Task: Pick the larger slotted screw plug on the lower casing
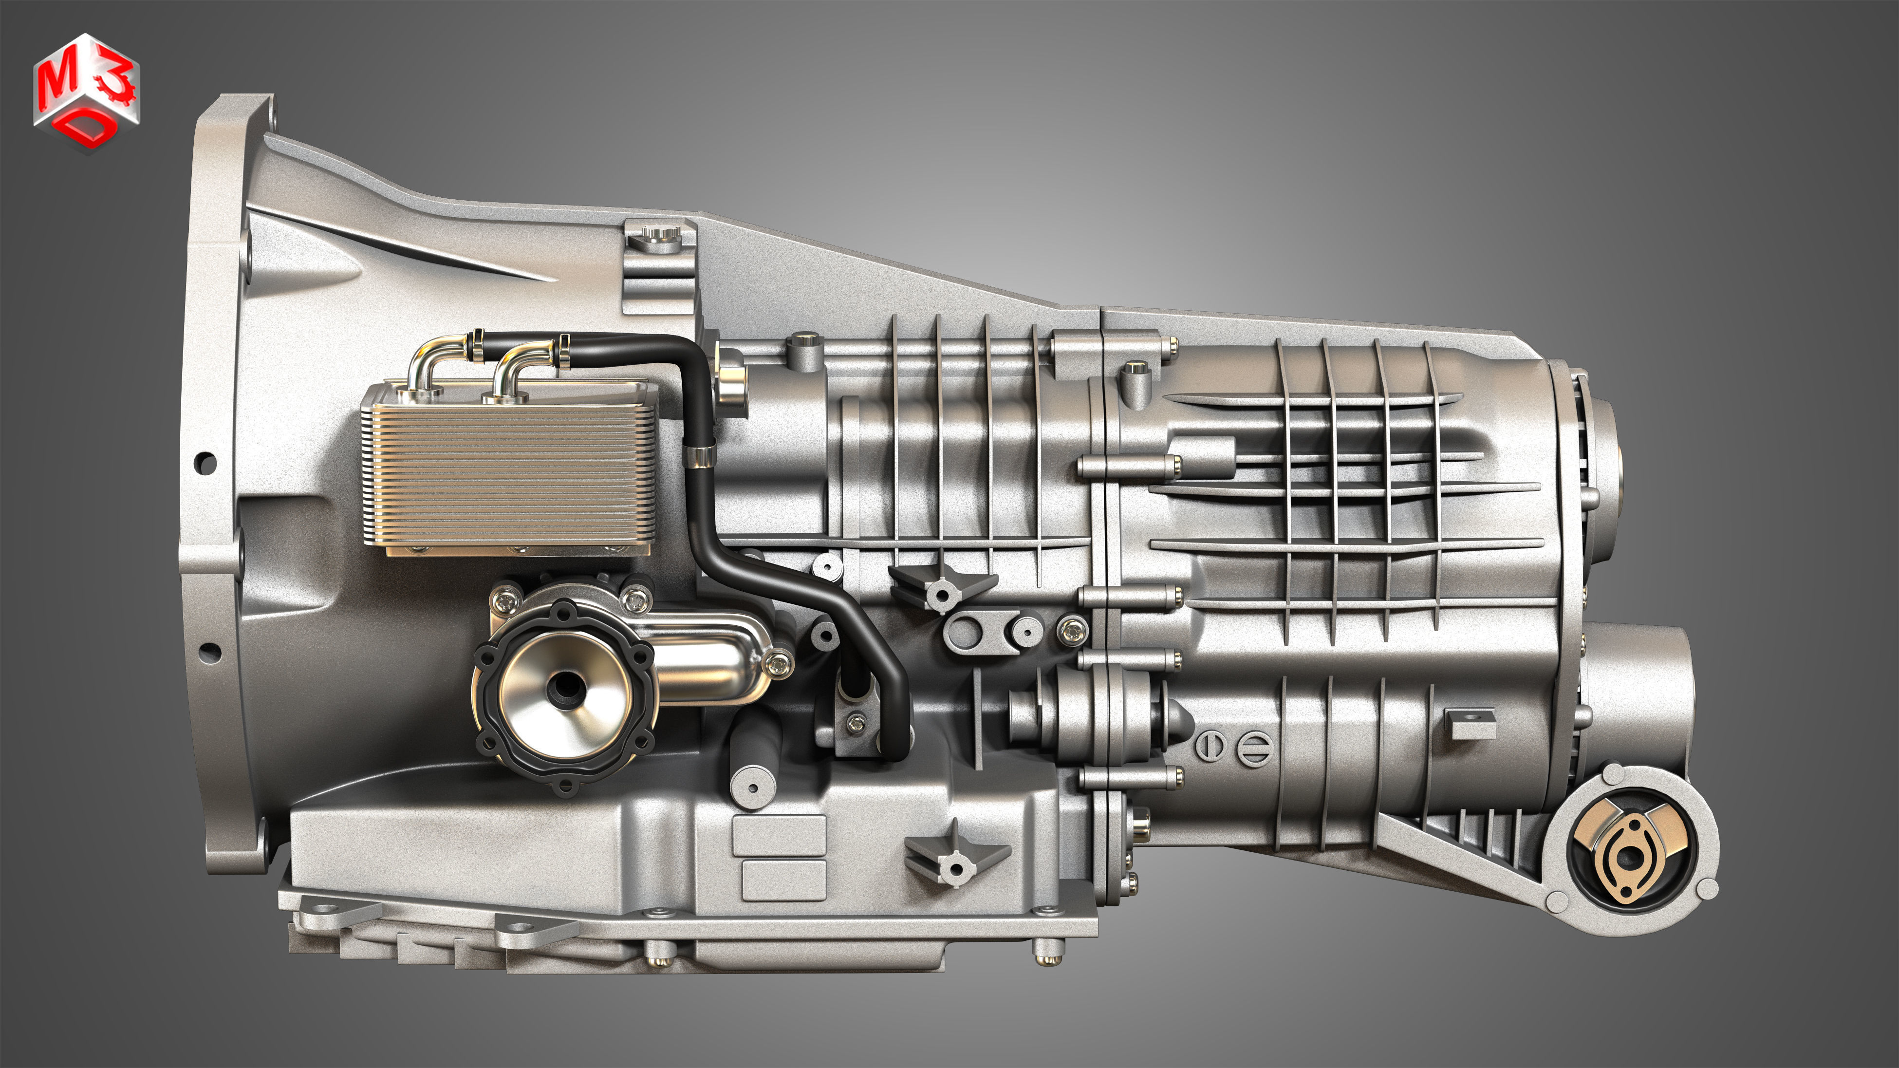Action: tap(1254, 748)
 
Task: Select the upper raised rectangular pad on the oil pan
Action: tap(779, 836)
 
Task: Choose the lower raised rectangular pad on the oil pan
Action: tap(783, 880)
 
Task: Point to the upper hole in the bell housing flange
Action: tap(206, 463)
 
